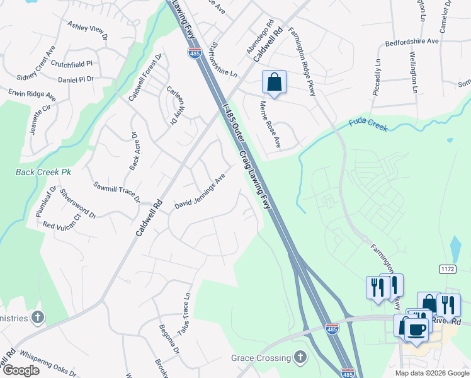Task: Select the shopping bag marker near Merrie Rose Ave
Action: click(x=274, y=83)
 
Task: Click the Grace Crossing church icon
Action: click(x=301, y=358)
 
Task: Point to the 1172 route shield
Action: click(x=448, y=268)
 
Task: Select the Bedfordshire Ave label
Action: click(x=412, y=42)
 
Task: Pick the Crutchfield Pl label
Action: click(x=72, y=64)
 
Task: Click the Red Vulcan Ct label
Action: click(x=62, y=221)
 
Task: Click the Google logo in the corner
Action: click(x=21, y=370)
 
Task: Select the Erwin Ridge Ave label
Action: click(x=32, y=95)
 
